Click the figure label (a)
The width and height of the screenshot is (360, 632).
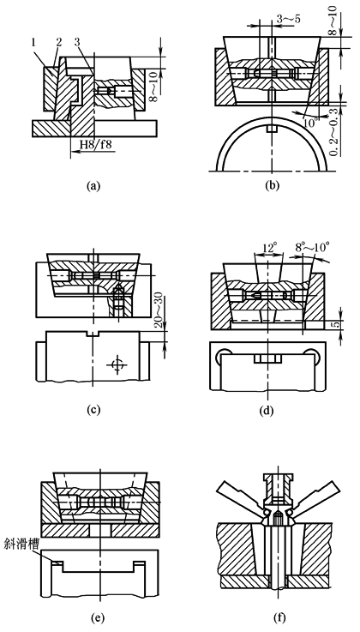pos(93,186)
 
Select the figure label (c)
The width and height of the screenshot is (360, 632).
pos(93,410)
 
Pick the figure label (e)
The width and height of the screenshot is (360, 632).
pos(99,617)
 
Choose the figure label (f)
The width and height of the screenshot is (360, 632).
pos(279,617)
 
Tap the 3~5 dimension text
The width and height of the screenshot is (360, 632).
pos(288,20)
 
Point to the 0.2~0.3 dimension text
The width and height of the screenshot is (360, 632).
pos(333,133)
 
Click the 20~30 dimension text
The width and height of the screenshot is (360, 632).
pos(160,311)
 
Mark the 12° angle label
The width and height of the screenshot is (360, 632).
pos(269,247)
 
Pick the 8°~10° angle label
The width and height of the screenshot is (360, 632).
pos(313,247)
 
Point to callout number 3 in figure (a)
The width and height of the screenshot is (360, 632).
pos(77,42)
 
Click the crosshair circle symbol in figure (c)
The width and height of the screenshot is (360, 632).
pos(117,364)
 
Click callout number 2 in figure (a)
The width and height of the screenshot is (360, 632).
pos(58,42)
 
